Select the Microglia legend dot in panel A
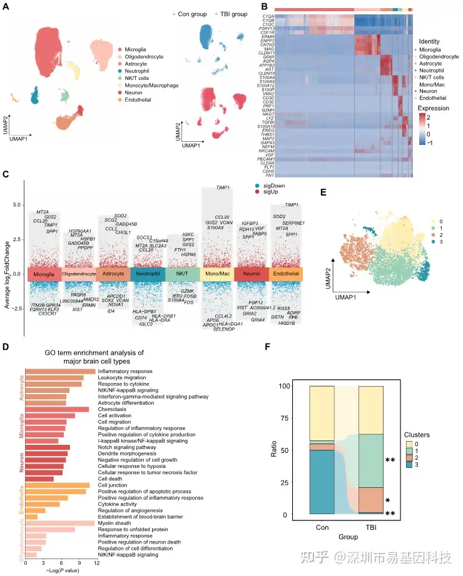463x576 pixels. tap(120, 49)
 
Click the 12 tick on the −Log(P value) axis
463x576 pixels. tap(95, 564)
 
